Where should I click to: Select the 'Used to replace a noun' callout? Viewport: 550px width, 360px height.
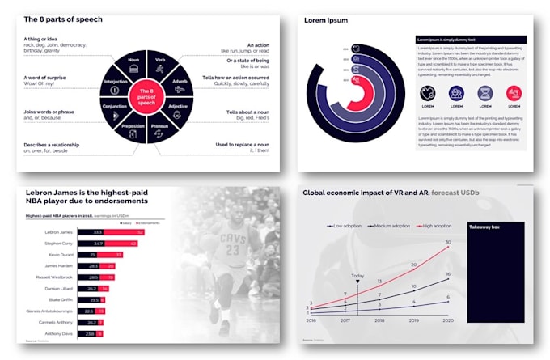243,144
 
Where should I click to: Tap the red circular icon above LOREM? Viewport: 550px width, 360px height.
513,94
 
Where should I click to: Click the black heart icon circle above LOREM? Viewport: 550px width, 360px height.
429,94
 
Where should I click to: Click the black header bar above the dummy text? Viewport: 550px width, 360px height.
471,39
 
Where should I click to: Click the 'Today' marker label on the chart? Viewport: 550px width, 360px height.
357,274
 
